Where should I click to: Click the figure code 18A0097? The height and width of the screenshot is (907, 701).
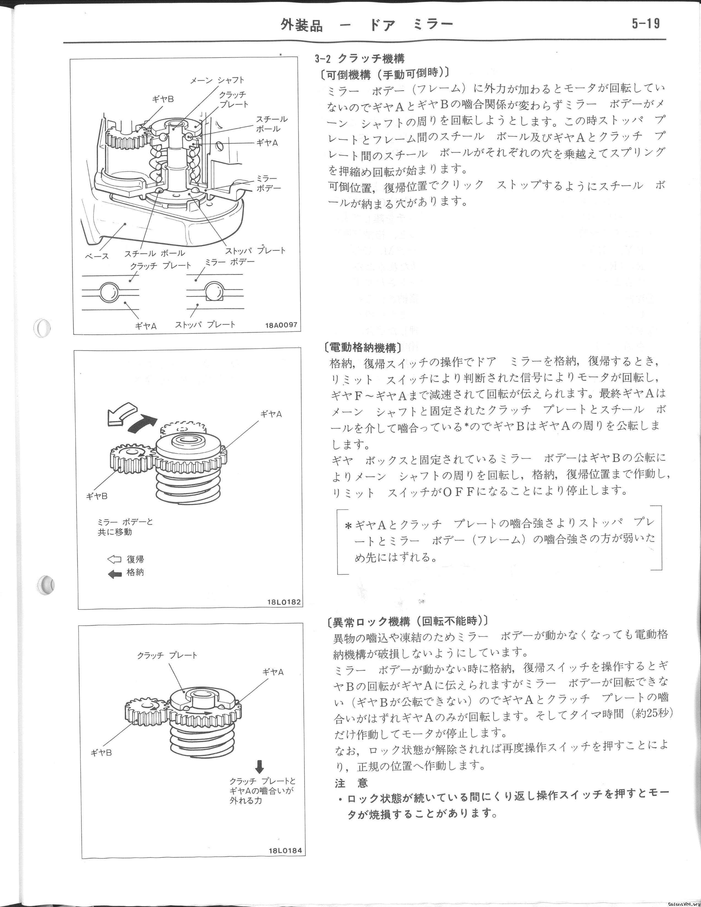[x=281, y=325]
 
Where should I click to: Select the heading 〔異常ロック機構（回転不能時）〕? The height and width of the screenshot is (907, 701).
[x=407, y=621]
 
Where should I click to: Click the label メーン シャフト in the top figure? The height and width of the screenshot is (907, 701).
[x=217, y=80]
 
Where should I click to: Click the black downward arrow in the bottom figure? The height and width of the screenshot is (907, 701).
[x=260, y=766]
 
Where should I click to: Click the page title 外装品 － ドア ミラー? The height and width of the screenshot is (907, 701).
[x=366, y=25]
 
